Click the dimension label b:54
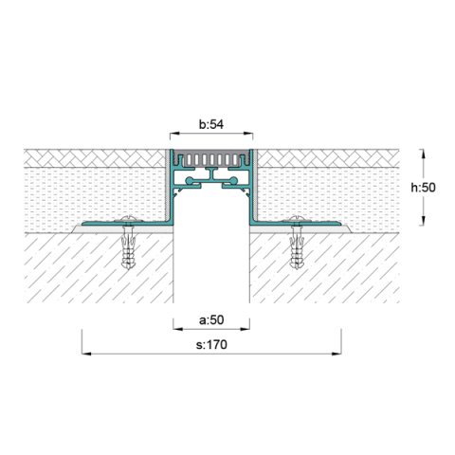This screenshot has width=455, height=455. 210,124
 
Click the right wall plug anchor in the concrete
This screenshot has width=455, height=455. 299,252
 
